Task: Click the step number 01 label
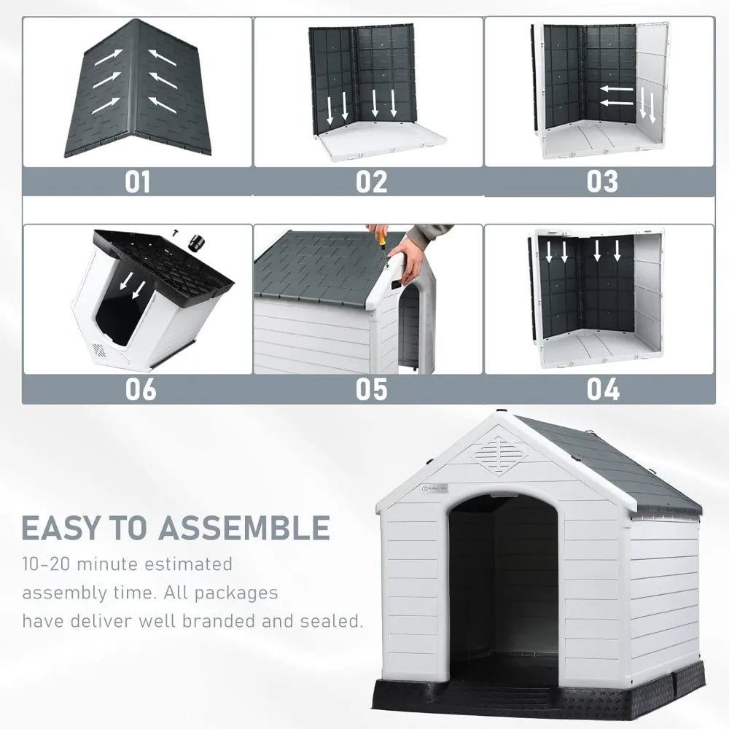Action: [x=137, y=182]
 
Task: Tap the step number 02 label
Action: [x=372, y=182]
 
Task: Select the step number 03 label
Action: [x=602, y=182]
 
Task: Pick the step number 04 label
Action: [x=603, y=389]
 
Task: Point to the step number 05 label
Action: [x=372, y=389]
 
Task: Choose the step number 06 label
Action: [x=140, y=389]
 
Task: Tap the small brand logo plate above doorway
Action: [x=437, y=492]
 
